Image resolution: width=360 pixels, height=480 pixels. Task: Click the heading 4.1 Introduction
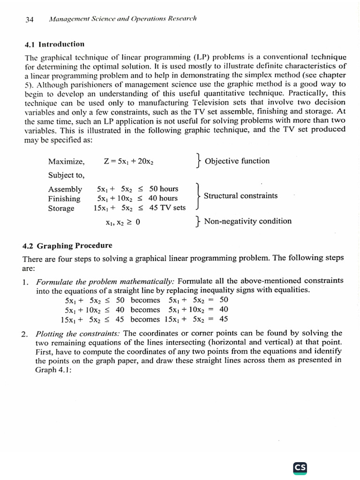pos(54,45)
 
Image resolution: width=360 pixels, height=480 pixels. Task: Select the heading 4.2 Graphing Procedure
pos(68,246)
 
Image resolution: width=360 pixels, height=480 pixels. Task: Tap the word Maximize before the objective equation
pos(66,162)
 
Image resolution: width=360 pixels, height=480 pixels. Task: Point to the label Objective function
pos(237,161)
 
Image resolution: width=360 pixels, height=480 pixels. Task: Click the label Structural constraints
pos(240,196)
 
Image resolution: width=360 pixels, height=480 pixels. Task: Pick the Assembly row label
pos(65,189)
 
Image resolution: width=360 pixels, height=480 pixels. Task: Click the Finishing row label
pos(64,199)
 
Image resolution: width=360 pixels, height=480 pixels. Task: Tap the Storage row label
pos(61,208)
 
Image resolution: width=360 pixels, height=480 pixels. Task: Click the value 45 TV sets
pos(167,208)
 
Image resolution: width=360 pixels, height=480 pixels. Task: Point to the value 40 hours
pos(163,198)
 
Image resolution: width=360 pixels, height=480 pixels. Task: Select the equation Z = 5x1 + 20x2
pos(129,162)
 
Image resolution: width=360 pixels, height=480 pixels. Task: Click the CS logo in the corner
pos(300,467)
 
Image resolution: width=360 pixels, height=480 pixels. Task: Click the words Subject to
pos(66,175)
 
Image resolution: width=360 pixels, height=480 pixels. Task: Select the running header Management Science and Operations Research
pos(122,19)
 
